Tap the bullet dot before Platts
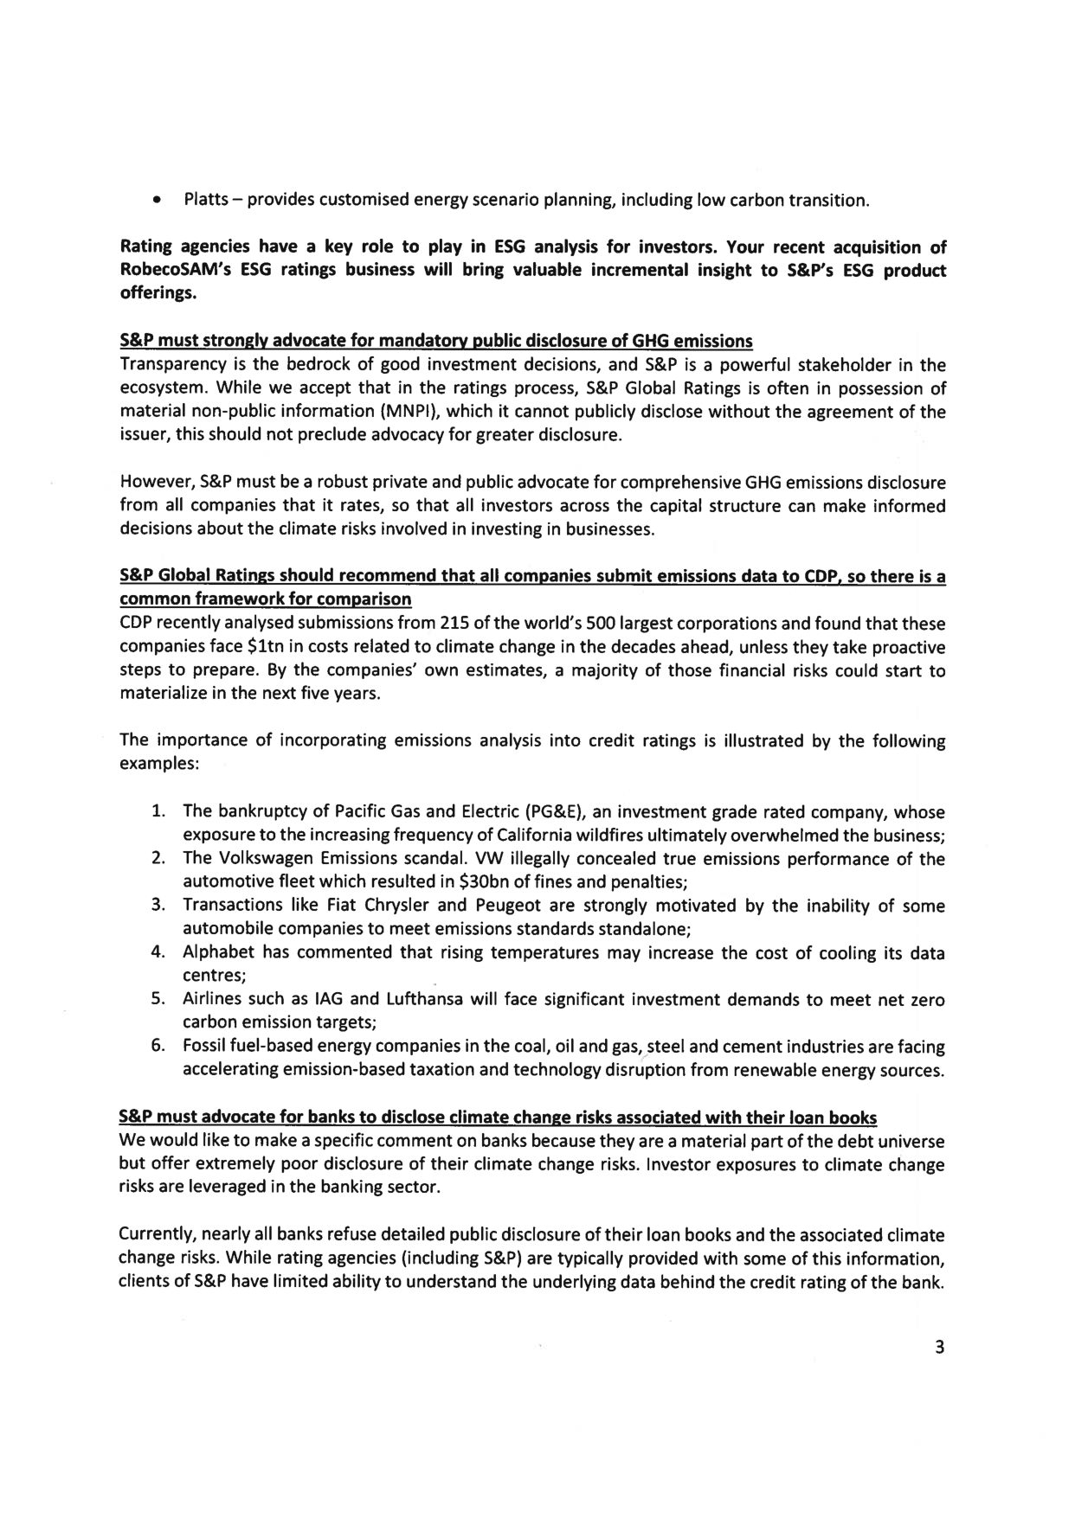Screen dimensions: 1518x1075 tap(155, 202)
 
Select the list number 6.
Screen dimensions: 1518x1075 tap(158, 1047)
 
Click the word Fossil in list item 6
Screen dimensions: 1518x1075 tap(204, 1047)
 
